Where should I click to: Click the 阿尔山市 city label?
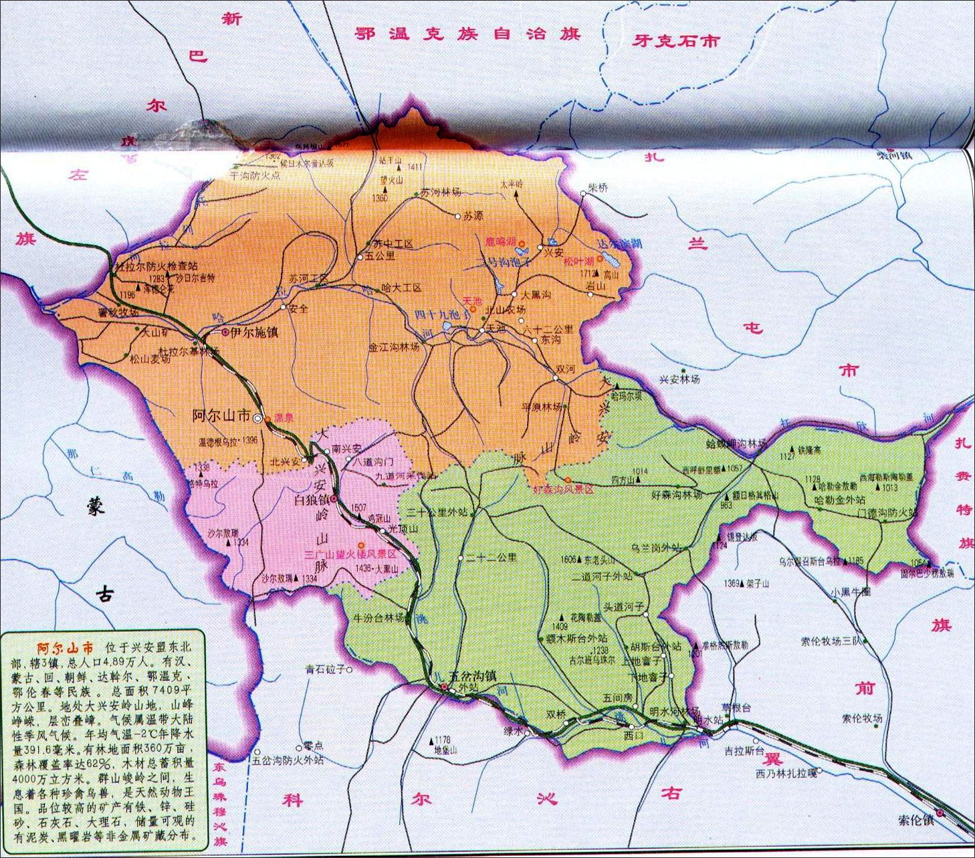click(x=221, y=416)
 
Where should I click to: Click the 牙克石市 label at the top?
click(x=676, y=41)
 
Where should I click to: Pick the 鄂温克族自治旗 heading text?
click(x=467, y=33)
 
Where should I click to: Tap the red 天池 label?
click(x=472, y=302)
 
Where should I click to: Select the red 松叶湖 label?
click(x=579, y=261)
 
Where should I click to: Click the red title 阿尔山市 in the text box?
click(x=66, y=648)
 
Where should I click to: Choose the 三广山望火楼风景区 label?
click(x=351, y=554)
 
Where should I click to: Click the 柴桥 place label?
click(x=598, y=188)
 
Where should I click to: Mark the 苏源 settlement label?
click(x=473, y=216)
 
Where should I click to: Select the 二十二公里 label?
click(x=492, y=557)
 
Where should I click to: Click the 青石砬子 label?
click(x=325, y=668)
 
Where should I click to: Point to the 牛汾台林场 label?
click(x=379, y=618)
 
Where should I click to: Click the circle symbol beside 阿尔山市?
click(x=257, y=418)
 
